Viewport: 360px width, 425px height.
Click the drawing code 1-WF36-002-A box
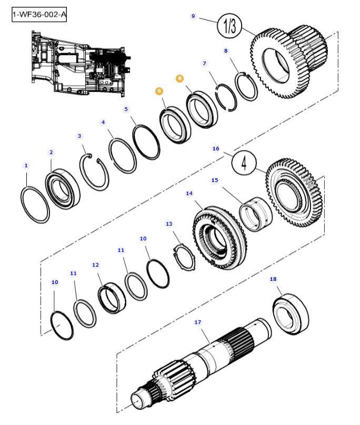click(39, 15)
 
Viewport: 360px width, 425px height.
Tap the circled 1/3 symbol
click(230, 28)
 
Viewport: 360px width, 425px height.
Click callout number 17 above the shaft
click(198, 322)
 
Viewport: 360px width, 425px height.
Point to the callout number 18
click(273, 279)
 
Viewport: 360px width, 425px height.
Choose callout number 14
click(189, 194)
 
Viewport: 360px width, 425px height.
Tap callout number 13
click(169, 224)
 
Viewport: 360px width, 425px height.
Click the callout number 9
click(193, 16)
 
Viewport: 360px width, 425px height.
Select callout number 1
click(26, 166)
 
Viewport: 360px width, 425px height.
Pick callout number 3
click(79, 136)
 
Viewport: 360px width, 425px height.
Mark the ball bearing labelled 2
click(63, 190)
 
